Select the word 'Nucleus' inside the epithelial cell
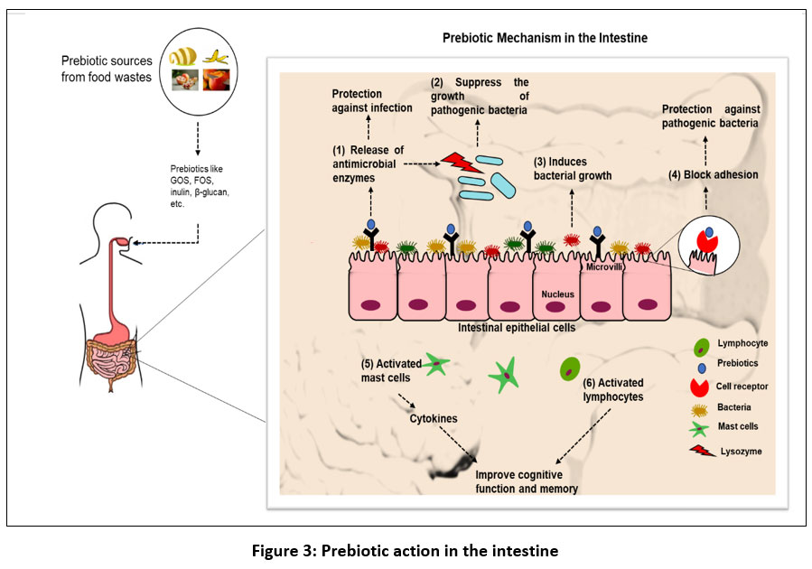coord(557,294)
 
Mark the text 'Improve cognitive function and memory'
coord(527,481)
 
